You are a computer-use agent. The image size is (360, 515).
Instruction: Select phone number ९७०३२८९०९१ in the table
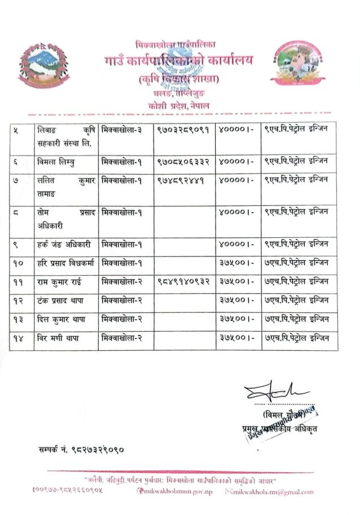point(183,131)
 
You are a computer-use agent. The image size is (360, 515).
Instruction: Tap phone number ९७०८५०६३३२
point(183,161)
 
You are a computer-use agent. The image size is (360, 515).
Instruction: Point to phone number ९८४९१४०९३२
point(183,281)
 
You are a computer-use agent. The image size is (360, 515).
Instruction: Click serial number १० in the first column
point(19,262)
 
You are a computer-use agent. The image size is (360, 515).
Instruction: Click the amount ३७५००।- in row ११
point(237,281)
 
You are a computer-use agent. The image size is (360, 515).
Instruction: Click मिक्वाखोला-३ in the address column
point(121,131)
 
